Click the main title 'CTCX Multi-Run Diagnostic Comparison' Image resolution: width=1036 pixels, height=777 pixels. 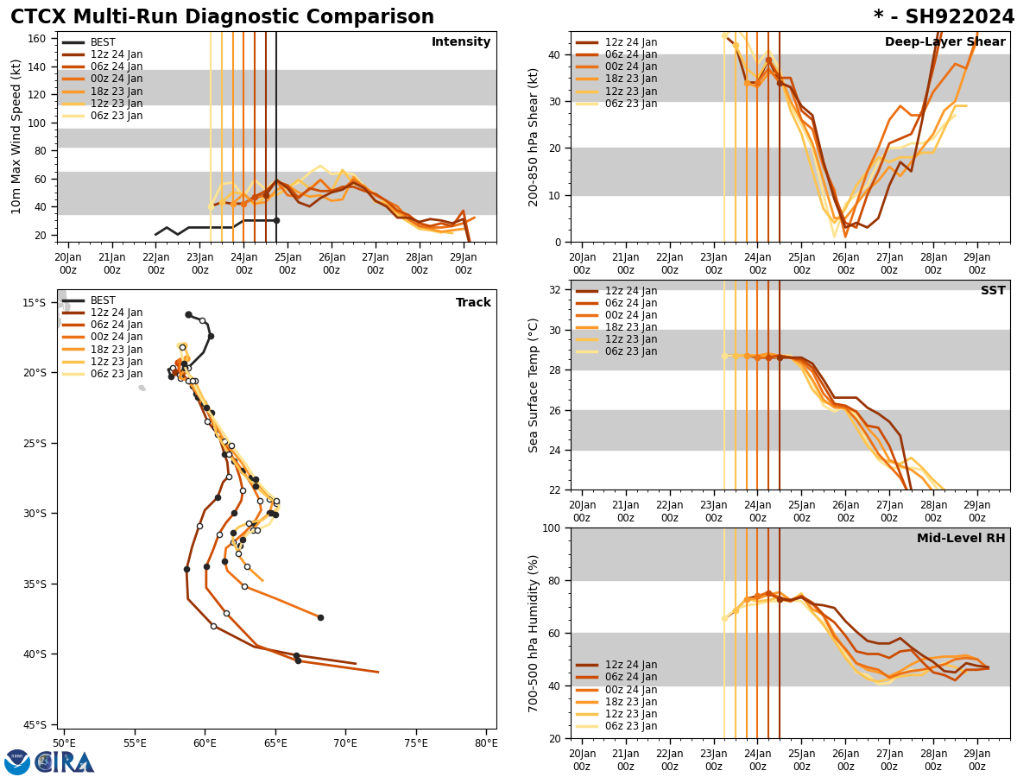(222, 17)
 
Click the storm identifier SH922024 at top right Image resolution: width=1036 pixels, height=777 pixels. (944, 17)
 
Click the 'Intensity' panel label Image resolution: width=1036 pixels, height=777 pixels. (461, 42)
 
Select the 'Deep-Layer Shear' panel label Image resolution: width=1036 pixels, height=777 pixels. (944, 42)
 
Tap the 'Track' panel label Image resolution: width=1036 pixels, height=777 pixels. (473, 303)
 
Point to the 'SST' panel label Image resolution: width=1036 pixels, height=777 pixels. (992, 291)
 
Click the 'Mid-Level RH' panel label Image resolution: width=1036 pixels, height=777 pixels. (960, 539)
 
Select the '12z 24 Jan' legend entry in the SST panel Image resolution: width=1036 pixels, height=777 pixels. (630, 291)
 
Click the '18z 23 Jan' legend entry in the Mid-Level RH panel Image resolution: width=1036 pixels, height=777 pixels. (630, 702)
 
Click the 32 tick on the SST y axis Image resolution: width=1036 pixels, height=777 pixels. (557, 290)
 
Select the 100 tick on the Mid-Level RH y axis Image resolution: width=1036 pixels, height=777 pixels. (553, 528)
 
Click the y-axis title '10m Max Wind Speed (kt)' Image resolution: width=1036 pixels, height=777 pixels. (16, 136)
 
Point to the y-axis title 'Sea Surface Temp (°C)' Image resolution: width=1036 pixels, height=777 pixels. (534, 385)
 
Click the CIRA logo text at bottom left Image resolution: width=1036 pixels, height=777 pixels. (65, 762)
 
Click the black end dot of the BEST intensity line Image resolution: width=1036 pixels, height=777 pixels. (276, 220)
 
